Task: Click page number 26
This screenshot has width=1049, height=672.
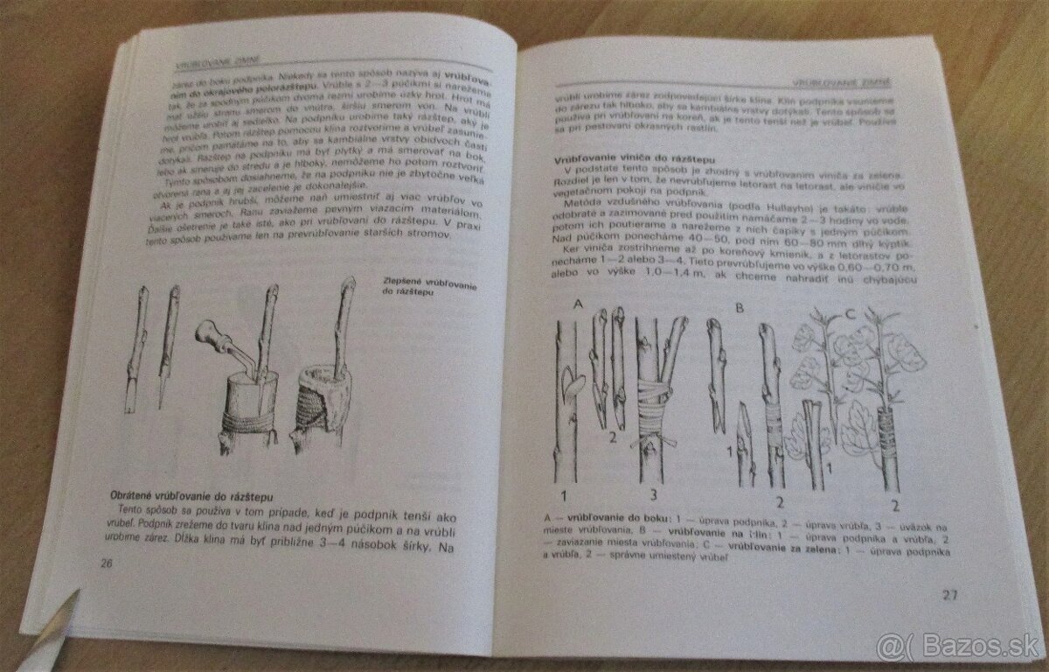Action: click(x=108, y=563)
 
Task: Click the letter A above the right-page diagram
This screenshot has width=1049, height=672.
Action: click(x=576, y=305)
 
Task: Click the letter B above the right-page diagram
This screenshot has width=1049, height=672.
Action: click(x=739, y=309)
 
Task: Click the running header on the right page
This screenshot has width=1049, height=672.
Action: click(x=840, y=83)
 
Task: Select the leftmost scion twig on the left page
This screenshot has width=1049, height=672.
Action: click(x=137, y=350)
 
